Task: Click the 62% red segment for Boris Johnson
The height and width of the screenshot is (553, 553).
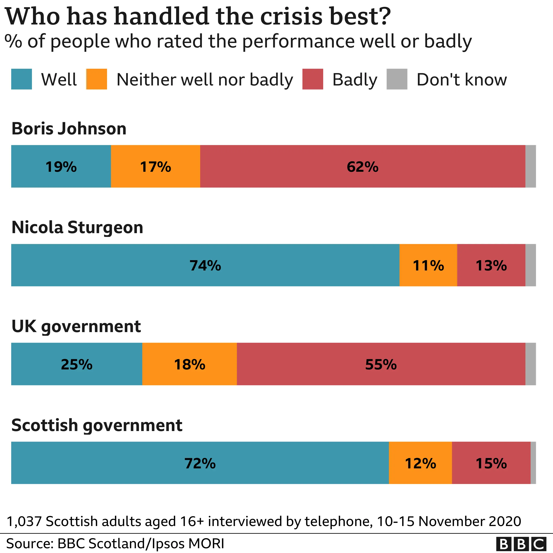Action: coord(362,166)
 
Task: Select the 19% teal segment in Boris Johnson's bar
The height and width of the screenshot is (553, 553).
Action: coord(61,166)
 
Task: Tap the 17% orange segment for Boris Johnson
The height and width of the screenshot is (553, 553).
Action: coord(155,166)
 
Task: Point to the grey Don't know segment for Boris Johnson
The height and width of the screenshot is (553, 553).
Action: coord(530,166)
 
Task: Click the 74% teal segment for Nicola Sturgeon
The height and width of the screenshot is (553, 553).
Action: coord(205,265)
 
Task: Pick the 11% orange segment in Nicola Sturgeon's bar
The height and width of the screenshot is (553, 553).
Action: coord(428,265)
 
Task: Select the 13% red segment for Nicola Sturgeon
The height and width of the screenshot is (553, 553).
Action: coord(491,265)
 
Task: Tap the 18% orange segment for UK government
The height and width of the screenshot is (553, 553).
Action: coord(190,364)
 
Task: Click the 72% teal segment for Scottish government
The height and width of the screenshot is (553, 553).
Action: coord(200,463)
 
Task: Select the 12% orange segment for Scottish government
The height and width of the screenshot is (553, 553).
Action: coord(420,463)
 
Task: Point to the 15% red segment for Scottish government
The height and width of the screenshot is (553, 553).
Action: coord(491,463)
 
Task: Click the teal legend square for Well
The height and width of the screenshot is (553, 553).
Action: coord(21,79)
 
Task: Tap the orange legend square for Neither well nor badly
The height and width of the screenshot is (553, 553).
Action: coord(96,79)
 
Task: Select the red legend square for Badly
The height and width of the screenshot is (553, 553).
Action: coord(313,79)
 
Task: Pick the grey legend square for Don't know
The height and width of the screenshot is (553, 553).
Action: coord(397,79)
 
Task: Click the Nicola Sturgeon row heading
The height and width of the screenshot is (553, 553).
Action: coord(77,228)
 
